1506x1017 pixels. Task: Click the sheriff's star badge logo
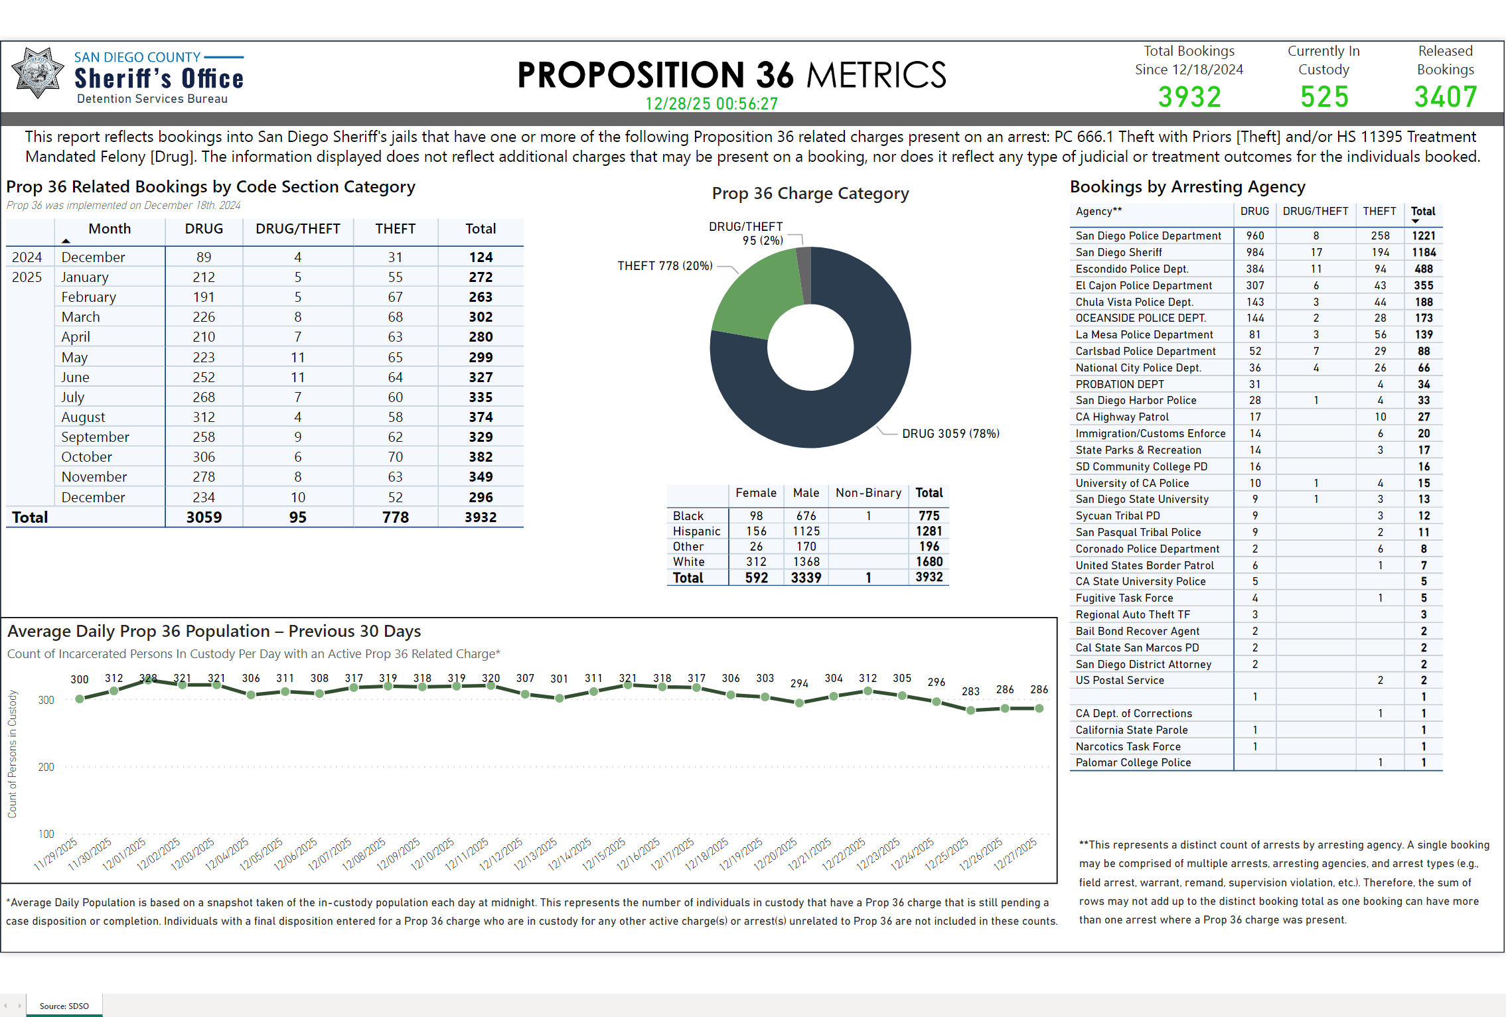[38, 73]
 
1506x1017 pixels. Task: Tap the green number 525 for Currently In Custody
[1324, 97]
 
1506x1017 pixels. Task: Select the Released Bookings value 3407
[1446, 97]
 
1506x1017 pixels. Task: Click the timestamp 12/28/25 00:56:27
[711, 104]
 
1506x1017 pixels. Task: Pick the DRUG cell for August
[204, 417]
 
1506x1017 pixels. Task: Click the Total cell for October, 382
[481, 457]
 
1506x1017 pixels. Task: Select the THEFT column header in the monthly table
[395, 229]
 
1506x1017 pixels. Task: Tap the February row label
[88, 297]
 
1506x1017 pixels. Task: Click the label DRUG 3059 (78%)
[950, 434]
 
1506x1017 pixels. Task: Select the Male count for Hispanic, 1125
[806, 531]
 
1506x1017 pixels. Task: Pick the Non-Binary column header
[868, 493]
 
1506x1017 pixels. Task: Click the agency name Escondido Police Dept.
[1132, 269]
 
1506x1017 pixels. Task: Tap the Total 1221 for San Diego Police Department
[1423, 236]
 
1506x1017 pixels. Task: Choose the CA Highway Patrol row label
[1122, 417]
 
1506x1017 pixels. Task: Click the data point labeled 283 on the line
[970, 710]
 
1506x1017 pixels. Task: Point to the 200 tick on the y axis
[46, 768]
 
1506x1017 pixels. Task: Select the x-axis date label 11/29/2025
[56, 853]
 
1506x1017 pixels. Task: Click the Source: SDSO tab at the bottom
[64, 1006]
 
